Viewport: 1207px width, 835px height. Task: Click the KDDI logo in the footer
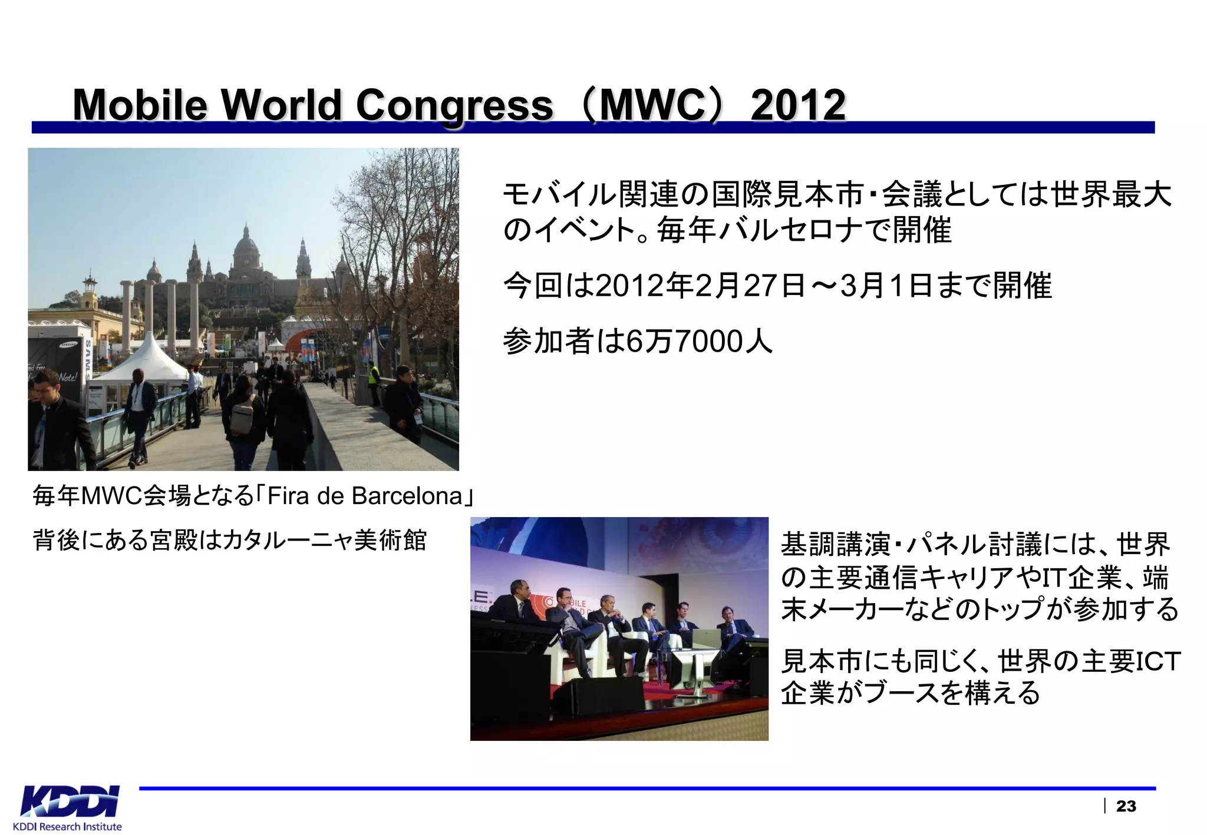[x=70, y=801]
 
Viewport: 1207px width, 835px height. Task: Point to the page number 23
[x=1126, y=806]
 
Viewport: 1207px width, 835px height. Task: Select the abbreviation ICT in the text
[x=1157, y=661]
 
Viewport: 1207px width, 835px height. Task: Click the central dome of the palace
[x=246, y=247]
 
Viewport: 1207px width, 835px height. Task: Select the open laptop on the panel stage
[x=705, y=638]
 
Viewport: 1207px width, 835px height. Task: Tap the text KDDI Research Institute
[x=67, y=827]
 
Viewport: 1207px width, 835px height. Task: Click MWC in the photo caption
[x=111, y=496]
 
